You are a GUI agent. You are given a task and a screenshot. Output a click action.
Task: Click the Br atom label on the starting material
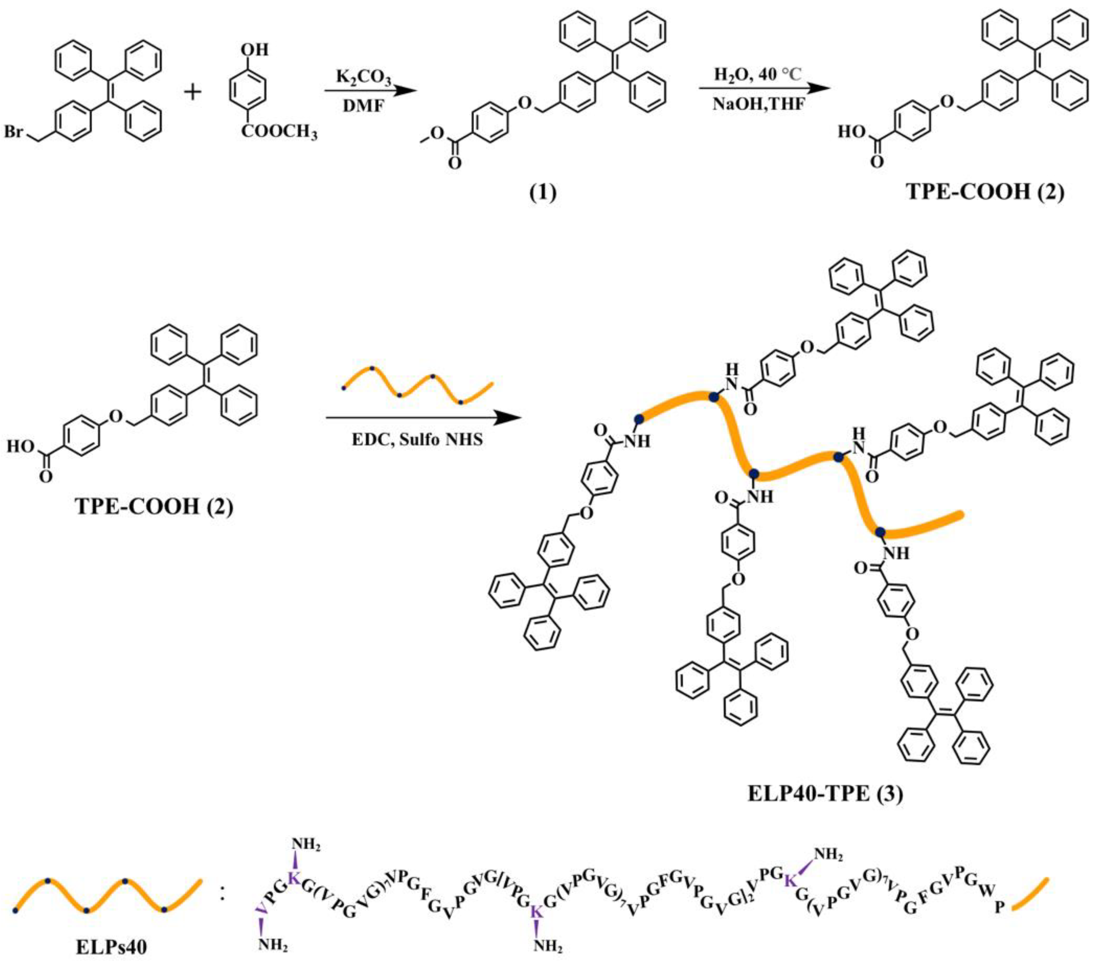point(15,132)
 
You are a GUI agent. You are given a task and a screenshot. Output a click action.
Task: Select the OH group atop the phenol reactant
point(254,50)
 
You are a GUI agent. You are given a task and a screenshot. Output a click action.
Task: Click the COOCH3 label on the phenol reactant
point(279,132)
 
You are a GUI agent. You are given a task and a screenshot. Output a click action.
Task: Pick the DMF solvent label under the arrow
point(364,107)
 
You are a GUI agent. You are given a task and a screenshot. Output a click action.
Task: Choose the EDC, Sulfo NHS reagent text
point(417,440)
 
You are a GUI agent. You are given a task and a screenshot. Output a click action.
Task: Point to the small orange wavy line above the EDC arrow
point(417,385)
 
